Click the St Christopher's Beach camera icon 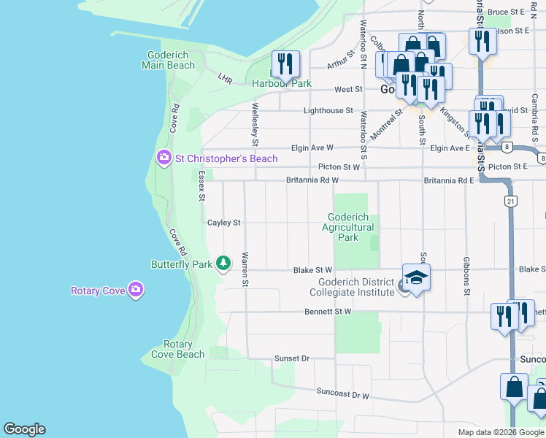click(164, 158)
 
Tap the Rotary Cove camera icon click(135, 291)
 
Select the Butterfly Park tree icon click(224, 263)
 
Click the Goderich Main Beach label click(171, 60)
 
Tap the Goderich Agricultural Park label click(348, 227)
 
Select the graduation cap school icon click(416, 278)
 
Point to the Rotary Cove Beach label click(177, 349)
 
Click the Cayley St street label click(223, 223)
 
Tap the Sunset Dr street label click(292, 358)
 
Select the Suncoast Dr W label click(342, 393)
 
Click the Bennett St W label click(328, 312)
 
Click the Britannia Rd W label click(312, 180)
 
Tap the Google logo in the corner click(24, 429)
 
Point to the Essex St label click(201, 187)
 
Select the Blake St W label click(312, 270)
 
